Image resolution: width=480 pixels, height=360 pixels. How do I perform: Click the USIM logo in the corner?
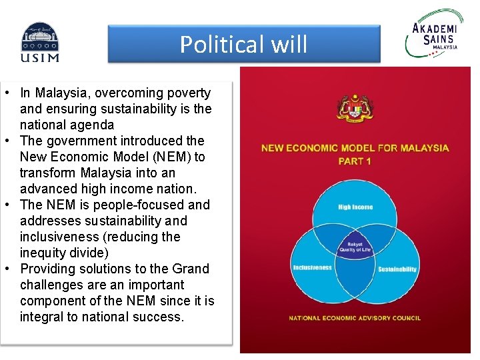[39, 42]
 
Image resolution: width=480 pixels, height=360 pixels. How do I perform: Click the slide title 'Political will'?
[243, 45]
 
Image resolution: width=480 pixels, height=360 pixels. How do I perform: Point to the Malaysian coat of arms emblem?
[355, 109]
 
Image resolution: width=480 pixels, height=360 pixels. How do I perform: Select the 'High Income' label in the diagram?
[355, 207]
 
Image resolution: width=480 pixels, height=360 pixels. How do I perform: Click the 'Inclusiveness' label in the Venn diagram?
[312, 268]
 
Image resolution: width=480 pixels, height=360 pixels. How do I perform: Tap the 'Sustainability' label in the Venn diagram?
[397, 269]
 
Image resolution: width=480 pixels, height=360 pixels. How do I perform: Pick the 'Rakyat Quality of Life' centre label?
[355, 247]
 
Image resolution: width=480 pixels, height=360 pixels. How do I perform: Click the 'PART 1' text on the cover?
[355, 161]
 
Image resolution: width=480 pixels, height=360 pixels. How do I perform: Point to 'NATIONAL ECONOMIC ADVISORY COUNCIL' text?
[355, 318]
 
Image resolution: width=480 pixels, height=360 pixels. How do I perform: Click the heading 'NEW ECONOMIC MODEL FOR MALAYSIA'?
[355, 148]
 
